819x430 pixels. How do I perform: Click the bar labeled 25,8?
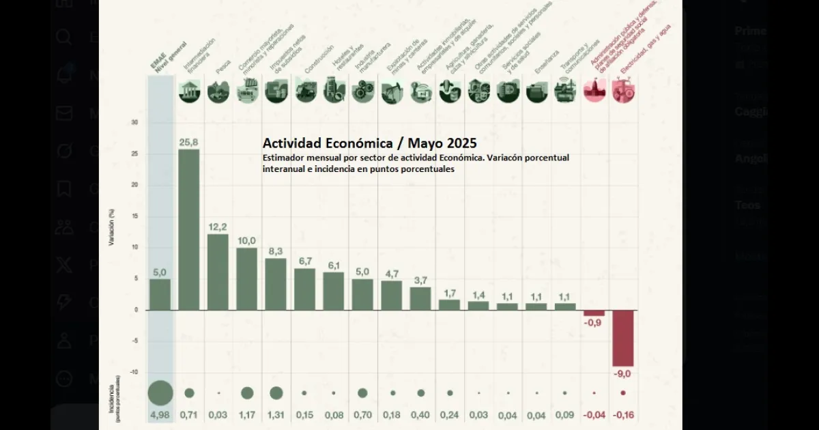coord(189,229)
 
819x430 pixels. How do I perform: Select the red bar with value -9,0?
coord(623,338)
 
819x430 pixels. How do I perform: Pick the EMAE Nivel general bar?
coord(160,294)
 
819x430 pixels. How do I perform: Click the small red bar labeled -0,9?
coord(594,313)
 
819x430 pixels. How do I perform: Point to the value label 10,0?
coord(246,240)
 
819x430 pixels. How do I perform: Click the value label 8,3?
coord(276,251)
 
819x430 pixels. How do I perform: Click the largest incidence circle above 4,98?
coord(160,392)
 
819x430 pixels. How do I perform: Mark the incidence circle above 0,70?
coord(362,393)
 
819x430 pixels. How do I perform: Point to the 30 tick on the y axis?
coord(134,123)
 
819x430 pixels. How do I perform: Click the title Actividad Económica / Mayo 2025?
coord(369,145)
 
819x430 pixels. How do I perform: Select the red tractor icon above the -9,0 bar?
coord(623,91)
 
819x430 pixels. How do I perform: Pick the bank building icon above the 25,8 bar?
coord(189,91)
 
